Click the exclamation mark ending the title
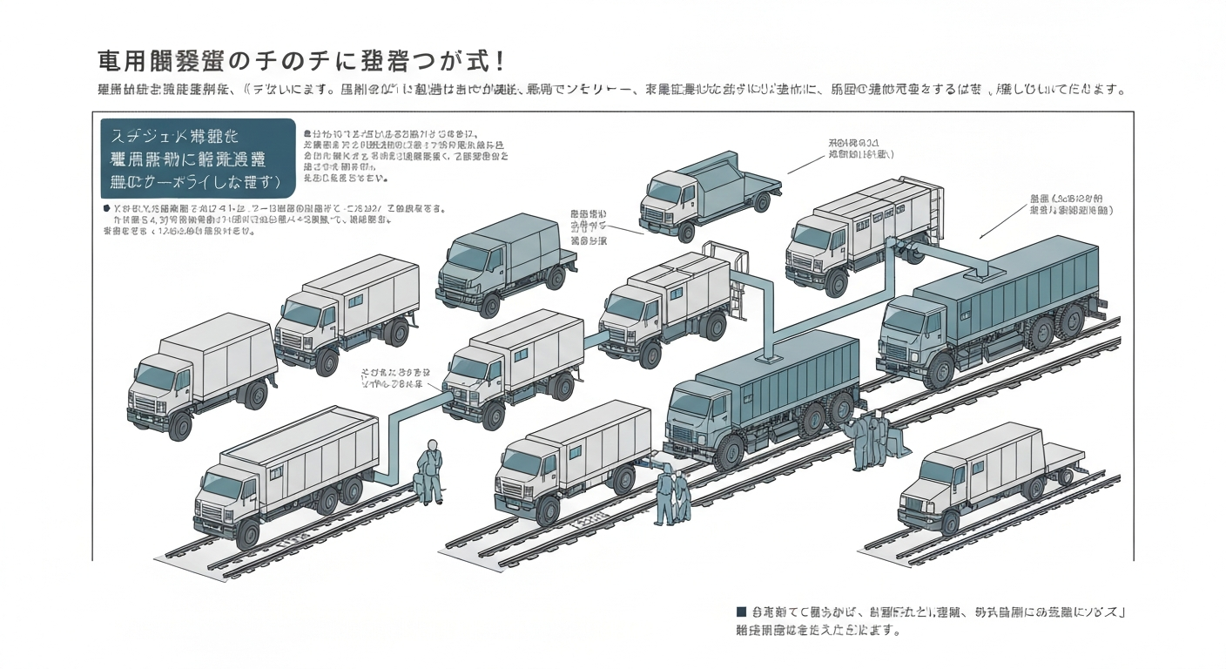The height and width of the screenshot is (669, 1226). [500, 62]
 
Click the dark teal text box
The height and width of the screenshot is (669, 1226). [199, 159]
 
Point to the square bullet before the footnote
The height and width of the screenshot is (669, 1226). [741, 612]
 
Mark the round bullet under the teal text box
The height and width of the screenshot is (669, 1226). [106, 209]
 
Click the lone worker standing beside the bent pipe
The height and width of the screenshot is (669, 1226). [429, 471]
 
